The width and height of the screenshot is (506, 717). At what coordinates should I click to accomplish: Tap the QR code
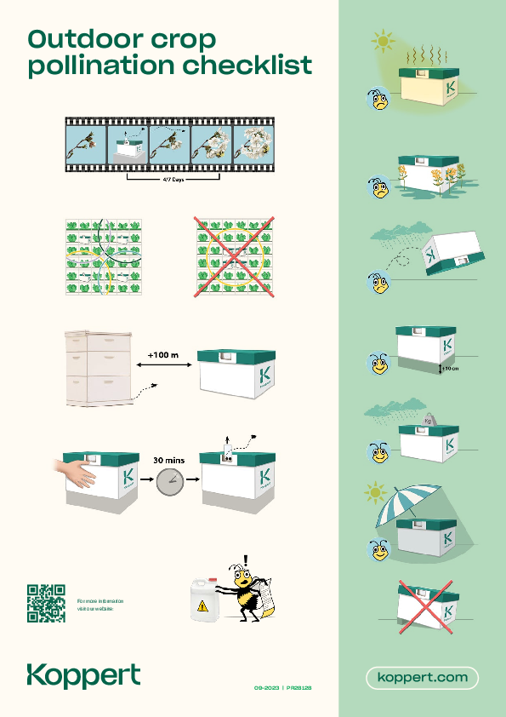coord(47,603)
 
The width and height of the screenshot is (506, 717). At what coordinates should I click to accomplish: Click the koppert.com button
coord(423,678)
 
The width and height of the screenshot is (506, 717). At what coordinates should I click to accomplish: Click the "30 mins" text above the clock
coord(168,461)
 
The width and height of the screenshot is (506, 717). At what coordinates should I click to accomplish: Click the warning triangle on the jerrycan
coord(202,606)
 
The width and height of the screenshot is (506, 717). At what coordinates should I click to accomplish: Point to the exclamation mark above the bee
coord(246,560)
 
